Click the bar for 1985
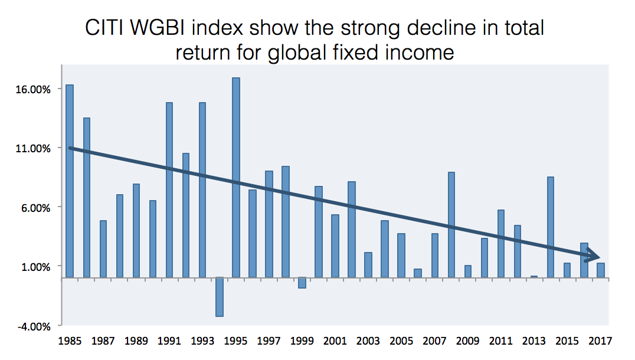70,181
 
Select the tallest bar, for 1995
235,177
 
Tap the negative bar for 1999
302,283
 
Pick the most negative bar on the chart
219,297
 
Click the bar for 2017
600,270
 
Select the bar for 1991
169,189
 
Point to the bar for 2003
368,265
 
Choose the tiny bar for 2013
534,276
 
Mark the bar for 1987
103,248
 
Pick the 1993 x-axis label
202,341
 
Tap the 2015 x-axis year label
567,341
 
